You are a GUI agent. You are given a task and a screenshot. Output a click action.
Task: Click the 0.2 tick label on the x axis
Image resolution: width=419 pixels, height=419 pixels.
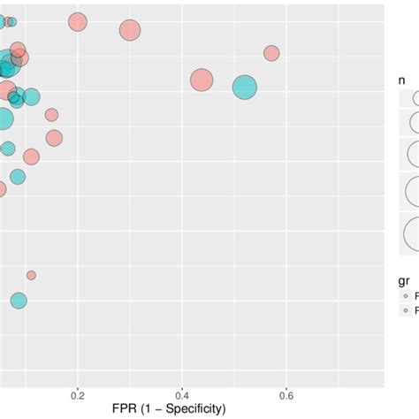pos(78,392)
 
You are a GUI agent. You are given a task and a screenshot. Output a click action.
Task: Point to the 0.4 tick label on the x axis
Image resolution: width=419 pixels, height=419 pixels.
pos(182,392)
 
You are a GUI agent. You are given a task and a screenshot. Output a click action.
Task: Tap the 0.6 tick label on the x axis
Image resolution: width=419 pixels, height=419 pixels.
pos(287,392)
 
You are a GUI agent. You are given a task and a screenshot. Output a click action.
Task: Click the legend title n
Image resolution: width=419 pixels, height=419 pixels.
pos(402,80)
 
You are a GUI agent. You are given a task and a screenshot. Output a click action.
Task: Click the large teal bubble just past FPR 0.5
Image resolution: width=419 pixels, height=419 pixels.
pos(244,87)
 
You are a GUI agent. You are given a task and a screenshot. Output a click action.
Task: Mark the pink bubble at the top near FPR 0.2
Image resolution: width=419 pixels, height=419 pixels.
pos(78,23)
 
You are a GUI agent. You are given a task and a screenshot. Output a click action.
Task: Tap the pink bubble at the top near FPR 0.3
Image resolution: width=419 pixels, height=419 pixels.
pos(130,30)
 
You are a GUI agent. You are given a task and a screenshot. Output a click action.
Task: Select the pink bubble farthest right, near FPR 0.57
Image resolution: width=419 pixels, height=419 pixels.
pos(271,54)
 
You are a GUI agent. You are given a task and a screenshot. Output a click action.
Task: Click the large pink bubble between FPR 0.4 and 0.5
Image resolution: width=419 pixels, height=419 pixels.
pos(202,80)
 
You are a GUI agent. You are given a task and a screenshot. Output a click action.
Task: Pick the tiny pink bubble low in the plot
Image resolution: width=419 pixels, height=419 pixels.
pos(31,275)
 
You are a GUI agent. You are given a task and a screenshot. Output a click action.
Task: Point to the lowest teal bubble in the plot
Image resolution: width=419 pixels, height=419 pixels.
pos(19,301)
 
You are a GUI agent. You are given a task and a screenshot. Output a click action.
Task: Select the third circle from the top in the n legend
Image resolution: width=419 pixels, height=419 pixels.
pos(413,155)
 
